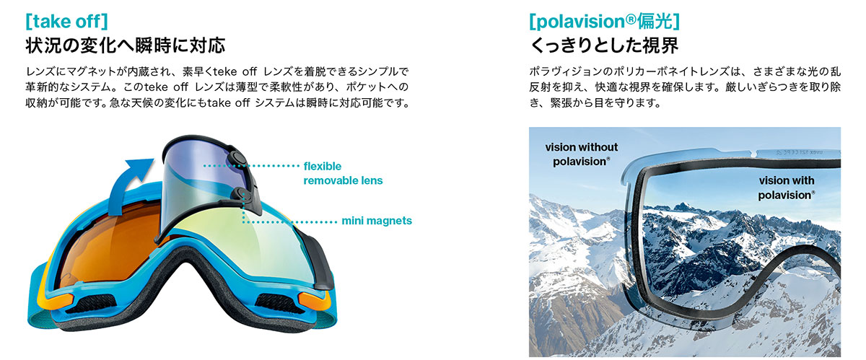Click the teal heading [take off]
tap(66, 22)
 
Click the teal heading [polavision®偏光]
tap(604, 22)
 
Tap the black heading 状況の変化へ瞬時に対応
tap(126, 45)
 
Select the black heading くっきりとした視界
tap(604, 45)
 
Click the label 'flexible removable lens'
tap(343, 173)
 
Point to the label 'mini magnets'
tap(377, 221)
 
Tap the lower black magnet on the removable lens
tap(240, 196)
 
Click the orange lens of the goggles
tap(108, 247)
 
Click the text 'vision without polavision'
tap(581, 154)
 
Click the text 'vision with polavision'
tap(787, 188)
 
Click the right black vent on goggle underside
tap(279, 303)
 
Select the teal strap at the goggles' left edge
tap(37, 298)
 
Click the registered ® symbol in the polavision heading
tap(631, 19)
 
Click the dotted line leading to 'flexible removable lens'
tap(251, 166)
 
